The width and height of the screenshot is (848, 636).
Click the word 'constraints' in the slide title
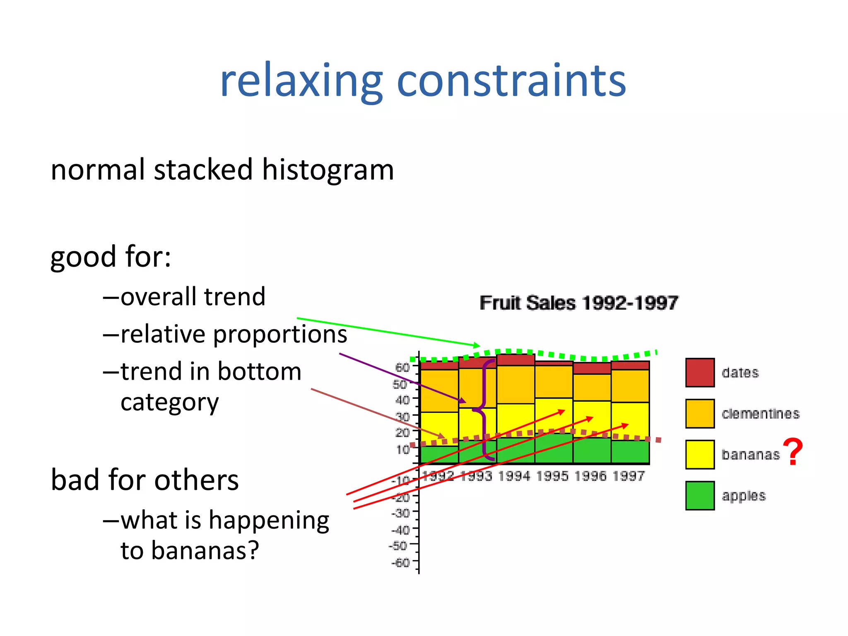click(511, 81)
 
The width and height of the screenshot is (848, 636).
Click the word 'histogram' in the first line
click(328, 170)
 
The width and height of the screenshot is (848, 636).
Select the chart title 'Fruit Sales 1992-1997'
click(578, 303)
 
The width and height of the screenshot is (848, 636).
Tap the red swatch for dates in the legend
click(700, 373)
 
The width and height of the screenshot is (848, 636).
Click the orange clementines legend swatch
click(700, 413)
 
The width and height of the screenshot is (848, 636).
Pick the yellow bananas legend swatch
click(700, 454)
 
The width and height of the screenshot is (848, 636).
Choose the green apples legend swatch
click(700, 495)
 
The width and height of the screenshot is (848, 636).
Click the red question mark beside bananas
click(793, 453)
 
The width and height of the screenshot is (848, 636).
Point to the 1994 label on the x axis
click(514, 476)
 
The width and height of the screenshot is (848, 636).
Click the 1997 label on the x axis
click(629, 476)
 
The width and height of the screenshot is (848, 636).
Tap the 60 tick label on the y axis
click(402, 367)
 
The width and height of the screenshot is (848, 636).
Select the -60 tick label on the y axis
click(400, 562)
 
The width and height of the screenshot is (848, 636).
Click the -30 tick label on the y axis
click(400, 513)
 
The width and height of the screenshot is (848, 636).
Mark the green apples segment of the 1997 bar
click(630, 452)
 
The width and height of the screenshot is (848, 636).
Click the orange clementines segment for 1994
click(516, 384)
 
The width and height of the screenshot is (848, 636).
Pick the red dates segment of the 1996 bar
click(592, 368)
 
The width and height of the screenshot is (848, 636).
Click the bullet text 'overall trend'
click(193, 296)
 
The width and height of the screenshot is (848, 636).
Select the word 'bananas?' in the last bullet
click(205, 551)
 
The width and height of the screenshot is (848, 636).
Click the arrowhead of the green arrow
click(477, 345)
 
